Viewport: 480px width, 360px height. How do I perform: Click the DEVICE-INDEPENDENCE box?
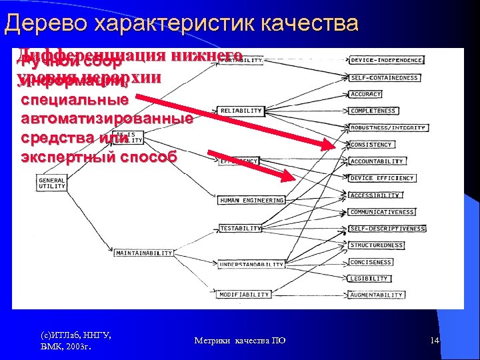[387, 60]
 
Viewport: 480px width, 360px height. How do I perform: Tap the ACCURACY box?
[365, 94]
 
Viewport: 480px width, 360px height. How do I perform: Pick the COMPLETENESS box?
[373, 111]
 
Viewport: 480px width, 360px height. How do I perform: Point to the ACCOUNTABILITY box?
[377, 161]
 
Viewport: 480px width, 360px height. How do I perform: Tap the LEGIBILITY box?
[369, 279]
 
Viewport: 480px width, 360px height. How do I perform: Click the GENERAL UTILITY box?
[52, 183]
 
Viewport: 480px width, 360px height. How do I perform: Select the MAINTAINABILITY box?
[144, 253]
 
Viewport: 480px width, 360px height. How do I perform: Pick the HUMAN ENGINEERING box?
[251, 200]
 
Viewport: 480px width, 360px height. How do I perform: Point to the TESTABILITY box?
[241, 228]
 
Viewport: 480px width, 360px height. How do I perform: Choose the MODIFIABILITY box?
[244, 294]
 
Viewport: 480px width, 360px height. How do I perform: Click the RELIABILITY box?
[240, 110]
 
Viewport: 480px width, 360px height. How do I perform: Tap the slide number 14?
[435, 341]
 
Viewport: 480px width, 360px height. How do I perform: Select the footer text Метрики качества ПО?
[240, 341]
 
